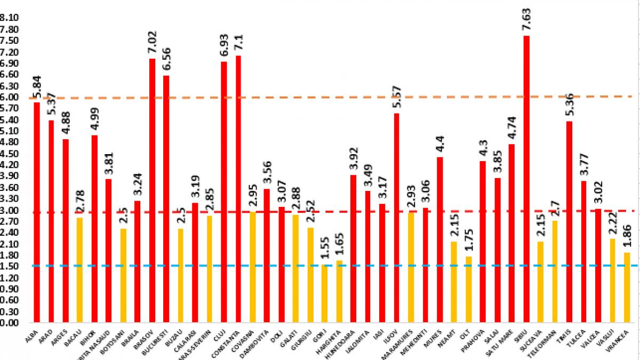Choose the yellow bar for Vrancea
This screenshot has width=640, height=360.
coord(627,287)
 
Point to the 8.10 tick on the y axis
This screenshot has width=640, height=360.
coord(10,18)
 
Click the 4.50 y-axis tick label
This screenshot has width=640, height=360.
coord(10,153)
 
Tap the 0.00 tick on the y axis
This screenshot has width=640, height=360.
coord(10,323)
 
